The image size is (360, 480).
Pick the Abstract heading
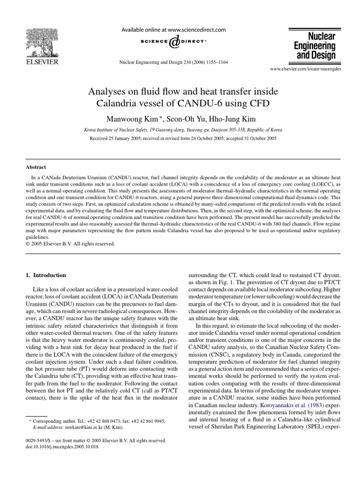point(36,166)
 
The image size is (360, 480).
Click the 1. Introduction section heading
point(46,275)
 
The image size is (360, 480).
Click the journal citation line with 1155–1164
point(174,62)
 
